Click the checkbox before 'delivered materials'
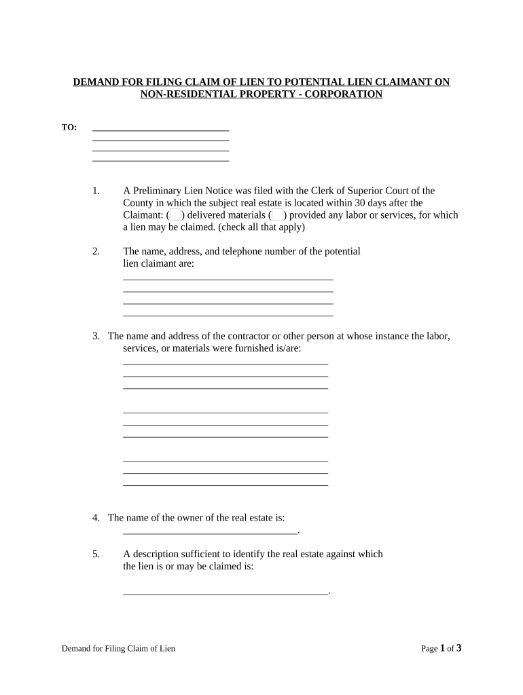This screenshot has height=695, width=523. click(175, 215)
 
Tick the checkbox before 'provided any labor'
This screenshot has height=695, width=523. click(277, 215)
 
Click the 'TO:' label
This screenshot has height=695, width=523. click(69, 128)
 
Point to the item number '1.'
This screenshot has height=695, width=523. click(96, 191)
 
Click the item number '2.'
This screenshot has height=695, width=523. click(96, 251)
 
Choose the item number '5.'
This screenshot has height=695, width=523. click(96, 554)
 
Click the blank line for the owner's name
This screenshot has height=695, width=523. click(210, 532)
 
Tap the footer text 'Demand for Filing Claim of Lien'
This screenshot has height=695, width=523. click(118, 649)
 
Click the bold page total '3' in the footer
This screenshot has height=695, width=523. click(458, 648)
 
